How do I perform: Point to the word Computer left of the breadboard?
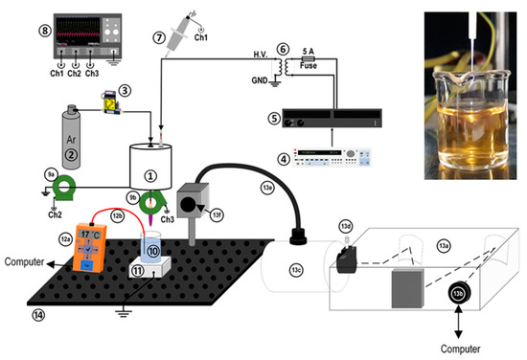(x=27, y=260)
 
